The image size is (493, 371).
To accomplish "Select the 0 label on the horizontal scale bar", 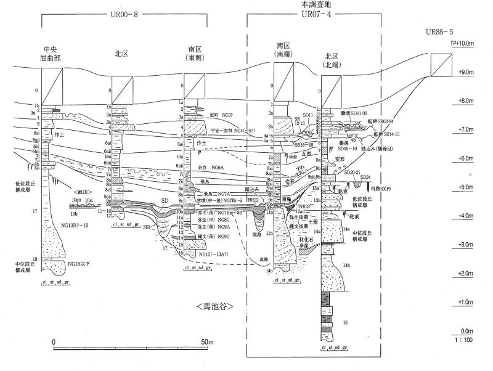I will point(54,342).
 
